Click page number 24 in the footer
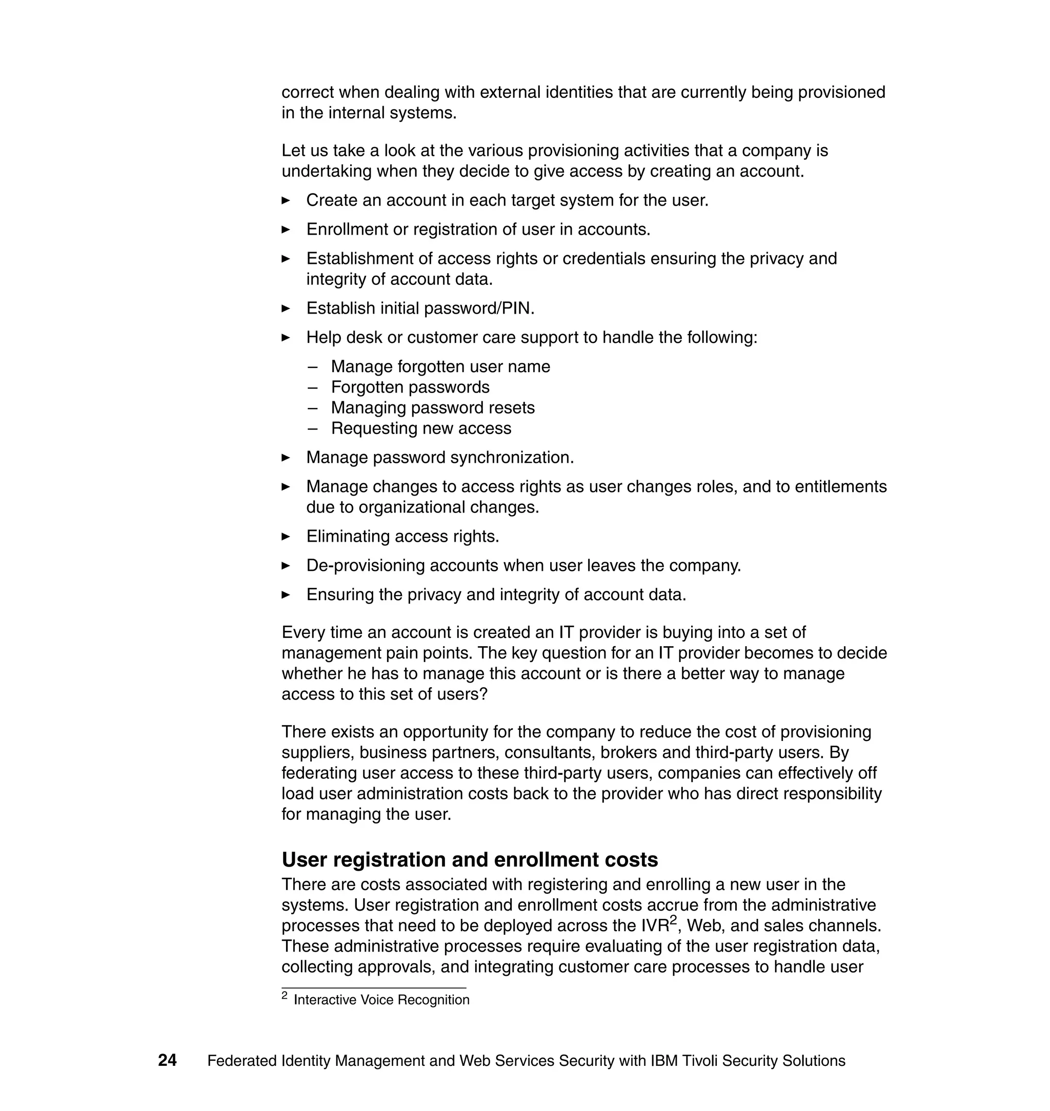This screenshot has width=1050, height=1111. [167, 1060]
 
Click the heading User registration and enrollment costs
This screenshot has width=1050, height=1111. [470, 859]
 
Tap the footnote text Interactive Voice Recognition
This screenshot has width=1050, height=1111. [381, 1000]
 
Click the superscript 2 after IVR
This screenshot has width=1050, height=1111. [673, 920]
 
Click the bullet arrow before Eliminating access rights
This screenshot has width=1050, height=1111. [286, 537]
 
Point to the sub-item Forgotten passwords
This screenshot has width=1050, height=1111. [410, 387]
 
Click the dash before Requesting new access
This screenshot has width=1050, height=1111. [313, 428]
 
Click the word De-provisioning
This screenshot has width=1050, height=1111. [365, 566]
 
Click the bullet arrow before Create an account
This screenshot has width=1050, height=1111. [286, 200]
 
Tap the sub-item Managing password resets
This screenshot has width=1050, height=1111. [433, 408]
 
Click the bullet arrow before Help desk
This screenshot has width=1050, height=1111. [286, 337]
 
